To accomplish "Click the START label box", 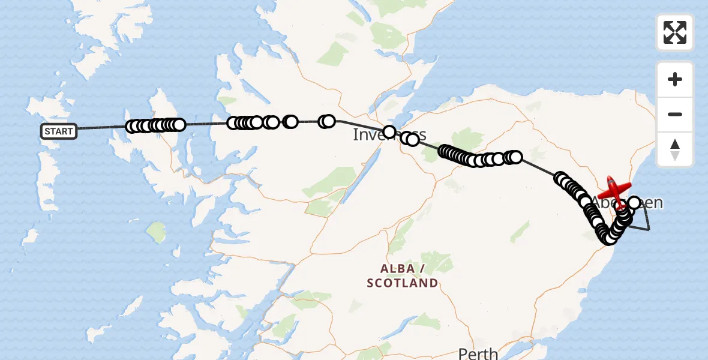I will (59, 131).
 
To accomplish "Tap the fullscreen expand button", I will (675, 32).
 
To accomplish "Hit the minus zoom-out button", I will (675, 114).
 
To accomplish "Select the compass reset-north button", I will (675, 149).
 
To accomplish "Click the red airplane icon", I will (614, 190).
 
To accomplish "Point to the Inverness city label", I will (389, 135).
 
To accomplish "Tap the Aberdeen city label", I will (627, 202).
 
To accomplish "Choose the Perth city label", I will (478, 353).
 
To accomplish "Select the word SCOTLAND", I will (403, 283).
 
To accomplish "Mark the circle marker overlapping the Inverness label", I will (389, 131).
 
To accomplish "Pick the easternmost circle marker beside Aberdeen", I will (634, 203).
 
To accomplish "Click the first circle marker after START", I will (133, 126).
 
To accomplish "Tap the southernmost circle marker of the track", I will (610, 238).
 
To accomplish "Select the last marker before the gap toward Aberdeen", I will (515, 157).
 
